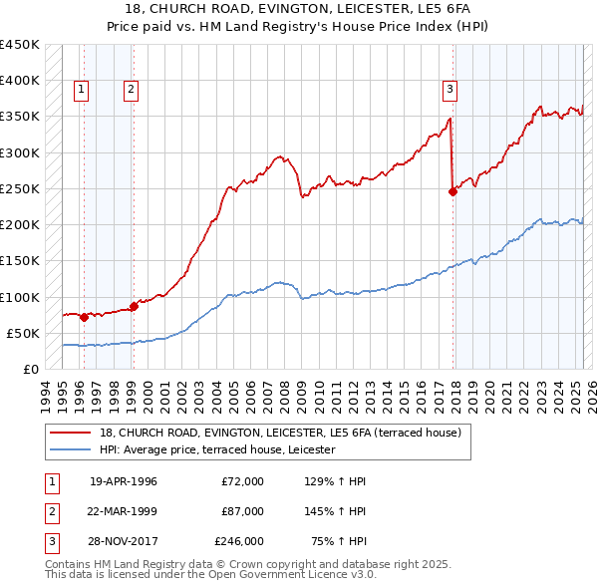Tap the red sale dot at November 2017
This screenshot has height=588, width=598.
tap(452, 192)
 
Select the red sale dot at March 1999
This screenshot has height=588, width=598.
tap(134, 306)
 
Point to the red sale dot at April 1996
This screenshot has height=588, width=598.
tap(84, 317)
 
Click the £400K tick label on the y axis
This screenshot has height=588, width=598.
tap(19, 81)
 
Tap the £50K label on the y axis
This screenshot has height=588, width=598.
tap(23, 333)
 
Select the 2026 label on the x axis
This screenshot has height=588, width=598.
tap(591, 394)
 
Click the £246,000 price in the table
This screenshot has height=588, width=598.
tap(239, 541)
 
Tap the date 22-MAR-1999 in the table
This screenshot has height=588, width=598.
tap(124, 511)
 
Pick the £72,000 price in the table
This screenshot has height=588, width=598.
tap(242, 481)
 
